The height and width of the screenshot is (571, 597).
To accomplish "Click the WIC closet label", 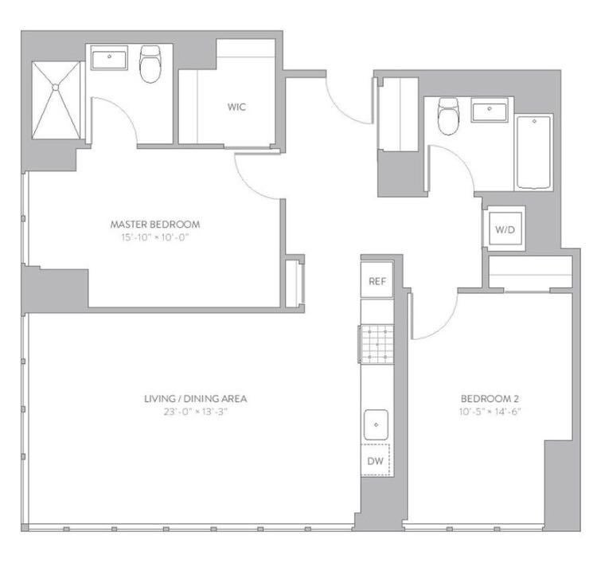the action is pyautogui.click(x=236, y=107).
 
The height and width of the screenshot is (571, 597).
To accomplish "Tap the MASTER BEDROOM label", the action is pyautogui.click(x=155, y=225).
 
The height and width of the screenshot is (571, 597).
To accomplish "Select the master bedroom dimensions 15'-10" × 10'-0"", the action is pyautogui.click(x=155, y=237).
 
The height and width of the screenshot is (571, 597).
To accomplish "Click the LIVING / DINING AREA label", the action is pyautogui.click(x=196, y=399).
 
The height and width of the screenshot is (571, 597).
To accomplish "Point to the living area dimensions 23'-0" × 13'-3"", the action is pyautogui.click(x=196, y=412).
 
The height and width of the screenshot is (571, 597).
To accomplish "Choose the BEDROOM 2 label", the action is pyautogui.click(x=490, y=399).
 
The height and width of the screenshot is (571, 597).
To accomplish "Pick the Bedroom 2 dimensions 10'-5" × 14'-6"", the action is pyautogui.click(x=490, y=412).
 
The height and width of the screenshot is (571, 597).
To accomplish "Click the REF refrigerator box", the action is pyautogui.click(x=377, y=280).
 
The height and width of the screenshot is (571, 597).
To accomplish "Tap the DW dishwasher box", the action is pyautogui.click(x=376, y=460).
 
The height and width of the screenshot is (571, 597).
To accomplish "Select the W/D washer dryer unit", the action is pyautogui.click(x=505, y=229).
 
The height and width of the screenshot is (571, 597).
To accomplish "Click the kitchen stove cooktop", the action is pyautogui.click(x=377, y=344).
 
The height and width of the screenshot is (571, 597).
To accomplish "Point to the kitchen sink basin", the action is pyautogui.click(x=377, y=424).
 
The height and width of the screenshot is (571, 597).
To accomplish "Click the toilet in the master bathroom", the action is pyautogui.click(x=150, y=64).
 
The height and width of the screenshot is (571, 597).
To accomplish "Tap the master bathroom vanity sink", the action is pyautogui.click(x=109, y=58).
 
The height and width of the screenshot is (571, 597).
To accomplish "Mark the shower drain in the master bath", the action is pyautogui.click(x=56, y=88).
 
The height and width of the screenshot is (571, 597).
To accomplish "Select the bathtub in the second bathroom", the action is pyautogui.click(x=534, y=152).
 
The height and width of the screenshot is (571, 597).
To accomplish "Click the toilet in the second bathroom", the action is pyautogui.click(x=448, y=115).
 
